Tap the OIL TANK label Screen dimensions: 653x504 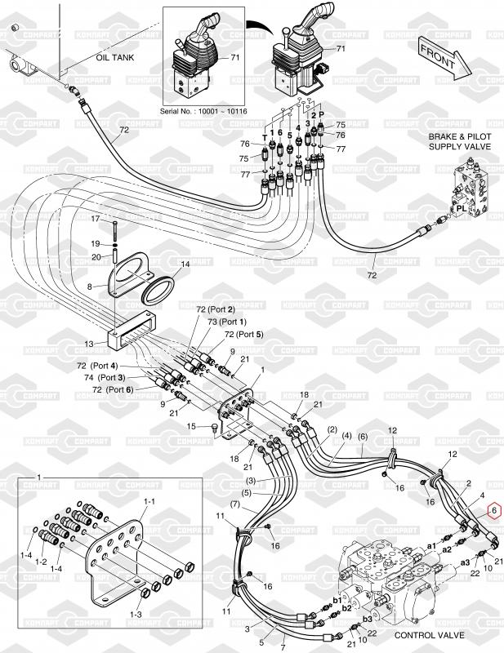click(x=114, y=59)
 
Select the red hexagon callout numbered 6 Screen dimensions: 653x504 click(x=493, y=512)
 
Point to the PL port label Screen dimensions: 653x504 click(x=462, y=208)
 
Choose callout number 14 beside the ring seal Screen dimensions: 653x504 click(x=185, y=264)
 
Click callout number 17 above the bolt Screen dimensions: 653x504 click(x=95, y=219)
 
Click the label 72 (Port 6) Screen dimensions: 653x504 click(x=114, y=389)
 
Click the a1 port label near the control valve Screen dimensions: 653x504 click(x=432, y=544)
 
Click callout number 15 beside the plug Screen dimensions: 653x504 click(x=193, y=425)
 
